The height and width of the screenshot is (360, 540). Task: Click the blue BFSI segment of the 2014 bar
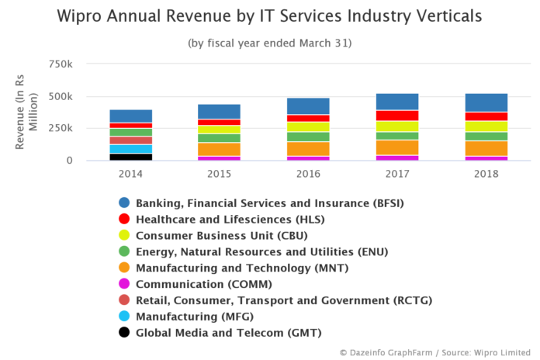130,116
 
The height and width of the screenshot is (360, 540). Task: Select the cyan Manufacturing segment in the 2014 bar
130,148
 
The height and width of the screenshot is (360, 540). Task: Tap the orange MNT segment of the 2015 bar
219,149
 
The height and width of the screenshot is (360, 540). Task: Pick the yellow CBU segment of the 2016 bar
307,126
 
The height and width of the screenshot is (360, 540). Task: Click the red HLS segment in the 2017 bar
397,116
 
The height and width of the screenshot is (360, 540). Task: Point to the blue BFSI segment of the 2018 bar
486,102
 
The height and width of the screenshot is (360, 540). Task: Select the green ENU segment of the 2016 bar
307,137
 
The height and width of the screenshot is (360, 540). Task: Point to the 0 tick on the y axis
69,161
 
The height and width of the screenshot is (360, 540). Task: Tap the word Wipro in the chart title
85,16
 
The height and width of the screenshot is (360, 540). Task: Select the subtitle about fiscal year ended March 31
269,43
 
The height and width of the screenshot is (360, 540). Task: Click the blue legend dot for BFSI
123,203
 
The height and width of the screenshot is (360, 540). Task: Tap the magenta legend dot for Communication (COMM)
123,284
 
